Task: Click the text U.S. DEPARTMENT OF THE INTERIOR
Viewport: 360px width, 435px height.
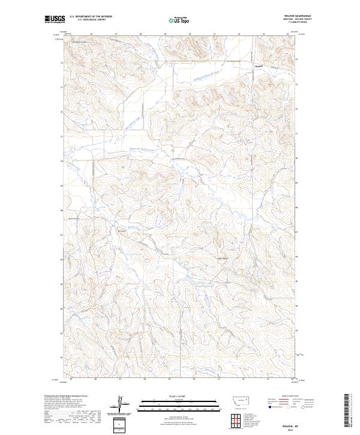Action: (x=91, y=16)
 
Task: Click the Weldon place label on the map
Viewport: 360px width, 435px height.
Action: (x=259, y=65)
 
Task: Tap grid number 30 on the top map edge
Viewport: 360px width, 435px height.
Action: (x=190, y=34)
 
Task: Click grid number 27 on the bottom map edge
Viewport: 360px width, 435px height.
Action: (x=120, y=379)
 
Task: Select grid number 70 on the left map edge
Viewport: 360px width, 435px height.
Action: (x=60, y=161)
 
